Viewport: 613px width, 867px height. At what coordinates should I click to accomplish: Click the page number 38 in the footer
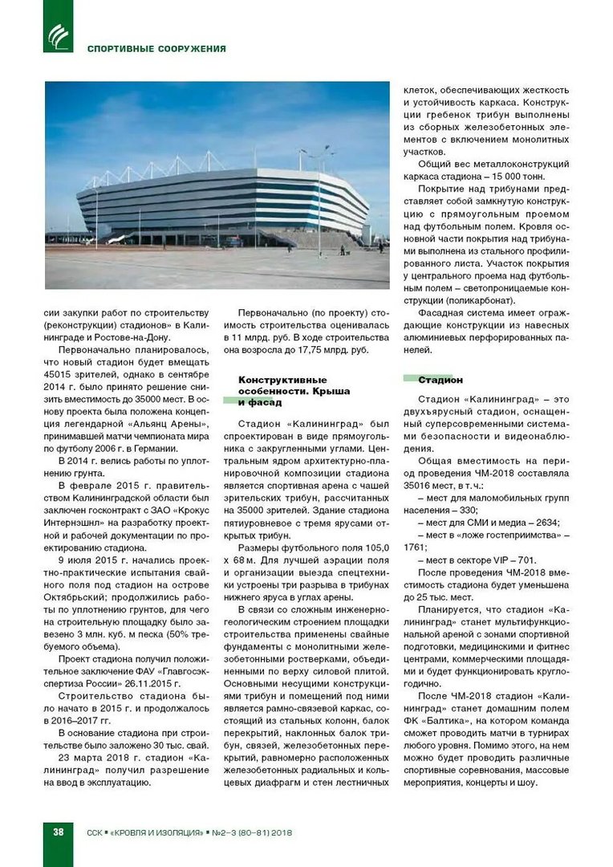[58, 832]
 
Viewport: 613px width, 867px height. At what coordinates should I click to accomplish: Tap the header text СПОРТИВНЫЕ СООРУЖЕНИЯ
[157, 48]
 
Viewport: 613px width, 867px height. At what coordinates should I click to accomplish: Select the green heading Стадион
[440, 380]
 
